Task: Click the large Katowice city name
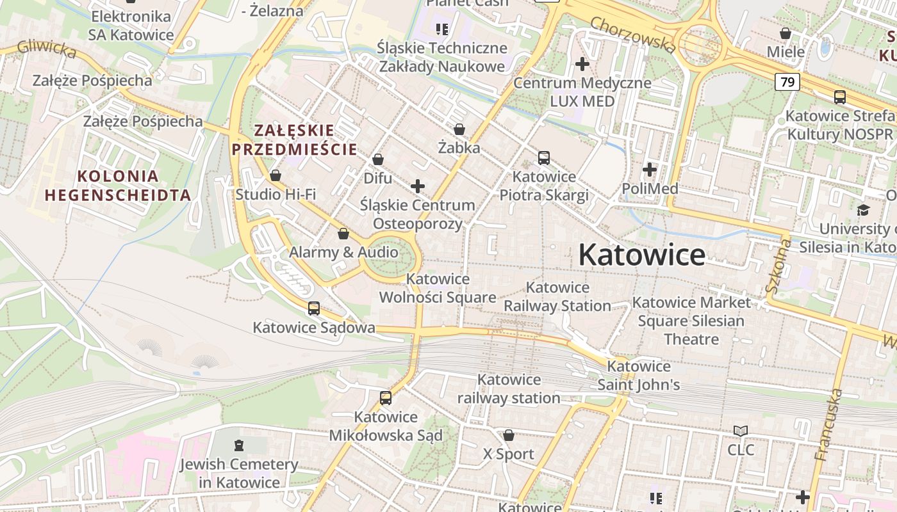point(641,255)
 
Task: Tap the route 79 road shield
point(787,82)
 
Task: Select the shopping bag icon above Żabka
point(459,130)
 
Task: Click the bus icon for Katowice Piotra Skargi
point(544,158)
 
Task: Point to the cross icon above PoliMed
point(650,170)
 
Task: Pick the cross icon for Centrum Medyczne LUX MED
point(582,64)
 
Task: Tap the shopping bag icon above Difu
point(378,159)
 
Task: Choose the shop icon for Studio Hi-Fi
point(276,175)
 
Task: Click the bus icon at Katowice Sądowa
point(314,308)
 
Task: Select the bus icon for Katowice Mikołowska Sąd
point(386,398)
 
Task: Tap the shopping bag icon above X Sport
point(509,436)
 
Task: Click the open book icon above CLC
point(741,431)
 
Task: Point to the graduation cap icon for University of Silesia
point(863,210)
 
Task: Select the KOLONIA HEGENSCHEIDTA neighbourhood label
point(117,186)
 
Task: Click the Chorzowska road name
point(632,35)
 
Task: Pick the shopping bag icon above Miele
point(785,33)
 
